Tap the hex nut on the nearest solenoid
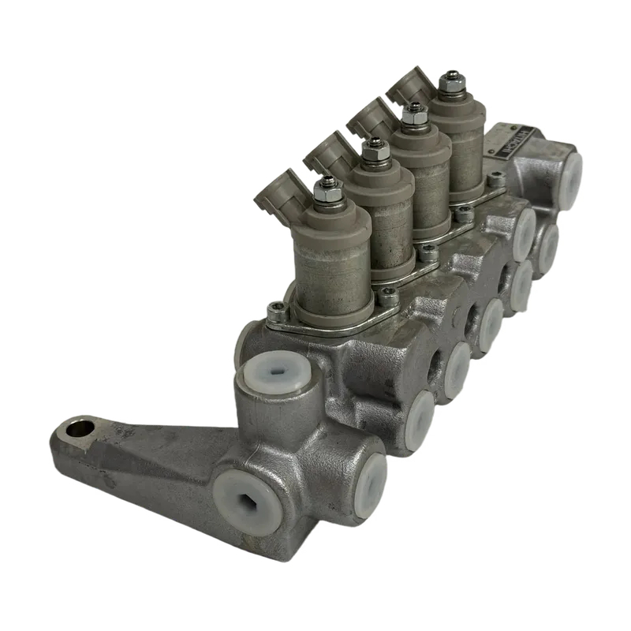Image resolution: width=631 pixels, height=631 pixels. point(327,191)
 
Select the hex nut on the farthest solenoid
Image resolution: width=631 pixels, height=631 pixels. point(450,80)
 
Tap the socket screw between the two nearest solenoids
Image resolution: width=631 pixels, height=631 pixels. point(386,295)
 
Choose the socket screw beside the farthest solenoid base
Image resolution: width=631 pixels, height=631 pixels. point(496,181)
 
